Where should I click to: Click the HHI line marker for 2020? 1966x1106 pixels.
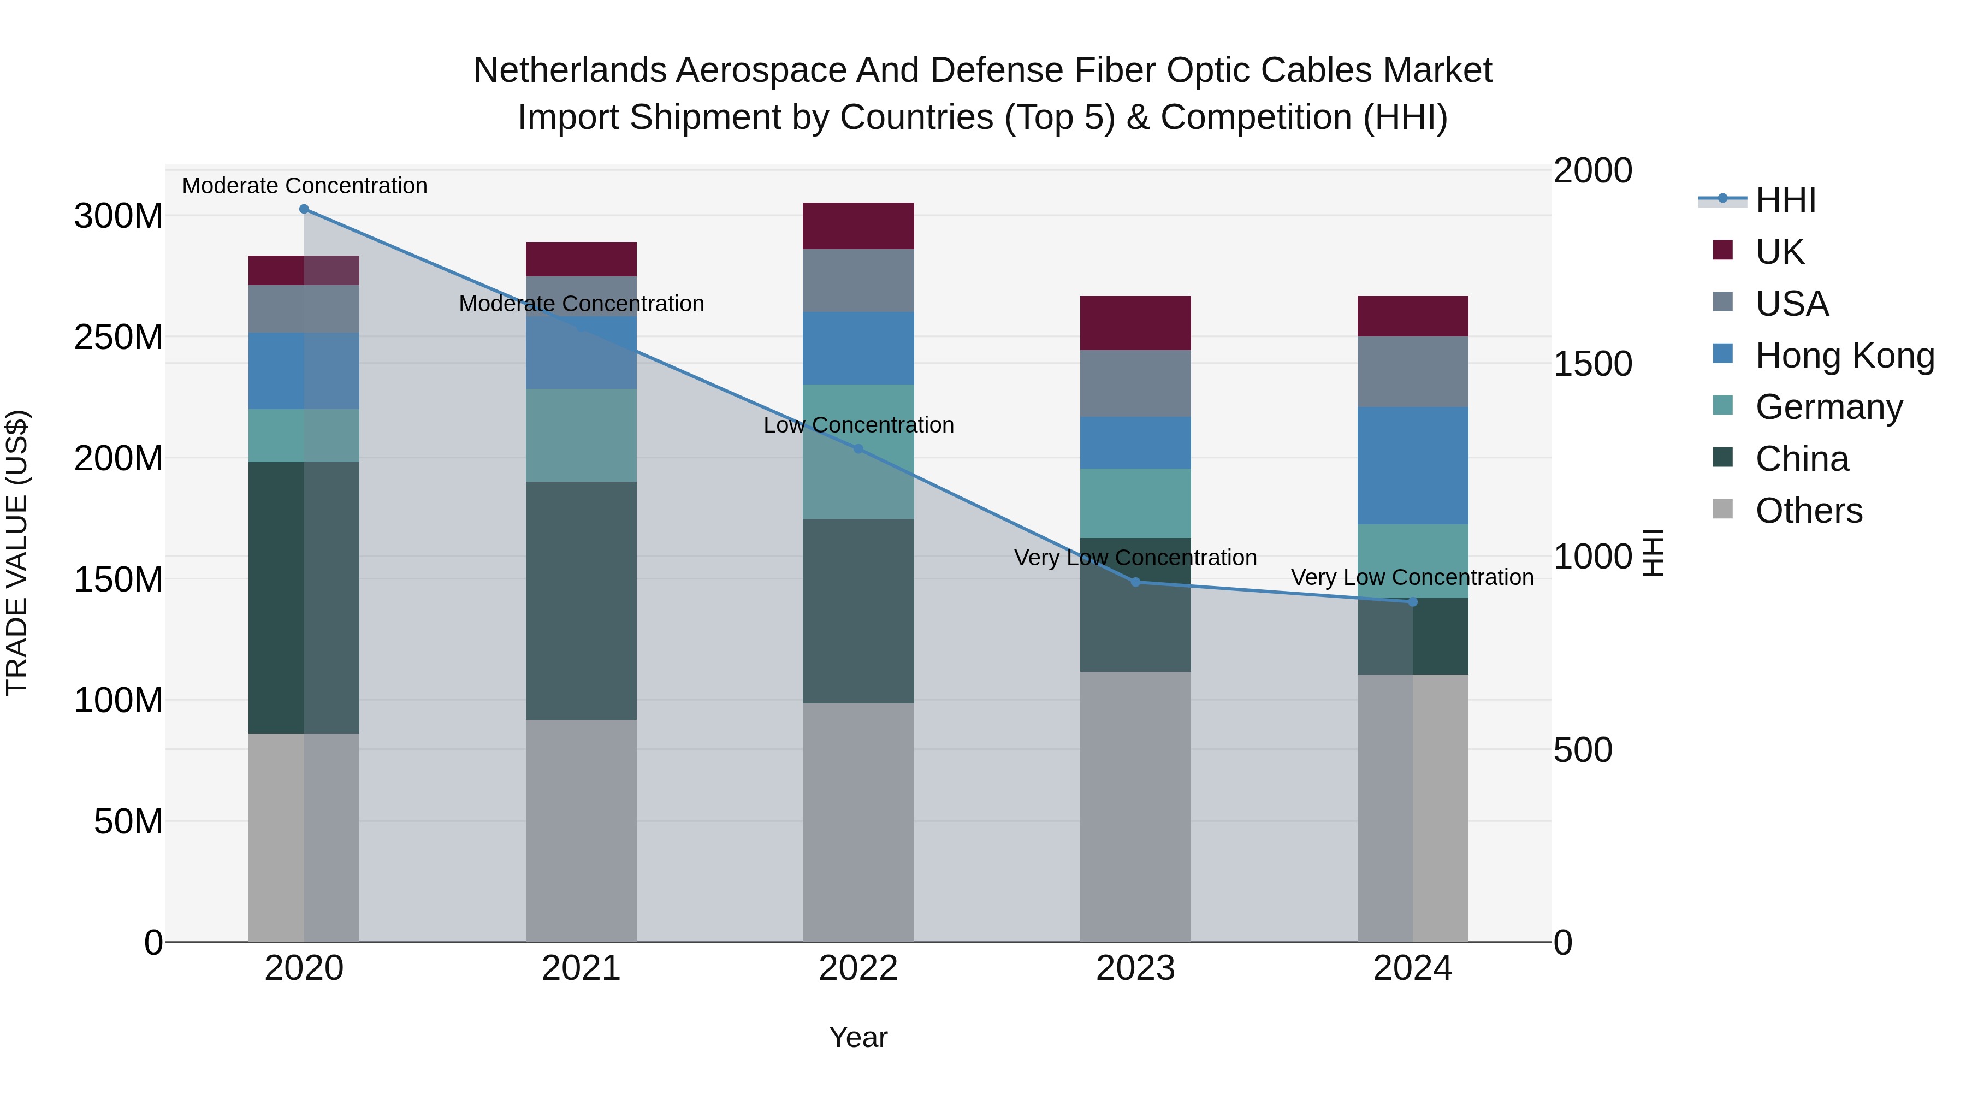pyautogui.click(x=304, y=209)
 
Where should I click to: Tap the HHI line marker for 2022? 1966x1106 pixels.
pyautogui.click(x=858, y=449)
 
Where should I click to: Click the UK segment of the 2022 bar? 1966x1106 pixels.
pyautogui.click(x=858, y=226)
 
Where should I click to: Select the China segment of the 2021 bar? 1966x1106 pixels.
pyautogui.click(x=581, y=601)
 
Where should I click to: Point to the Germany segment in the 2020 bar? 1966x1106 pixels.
pyautogui.click(x=304, y=436)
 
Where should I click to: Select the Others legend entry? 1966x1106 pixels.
pyautogui.click(x=1808, y=511)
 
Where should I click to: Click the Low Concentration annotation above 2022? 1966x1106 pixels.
pyautogui.click(x=858, y=425)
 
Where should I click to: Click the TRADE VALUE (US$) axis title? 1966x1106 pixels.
pyautogui.click(x=17, y=553)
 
